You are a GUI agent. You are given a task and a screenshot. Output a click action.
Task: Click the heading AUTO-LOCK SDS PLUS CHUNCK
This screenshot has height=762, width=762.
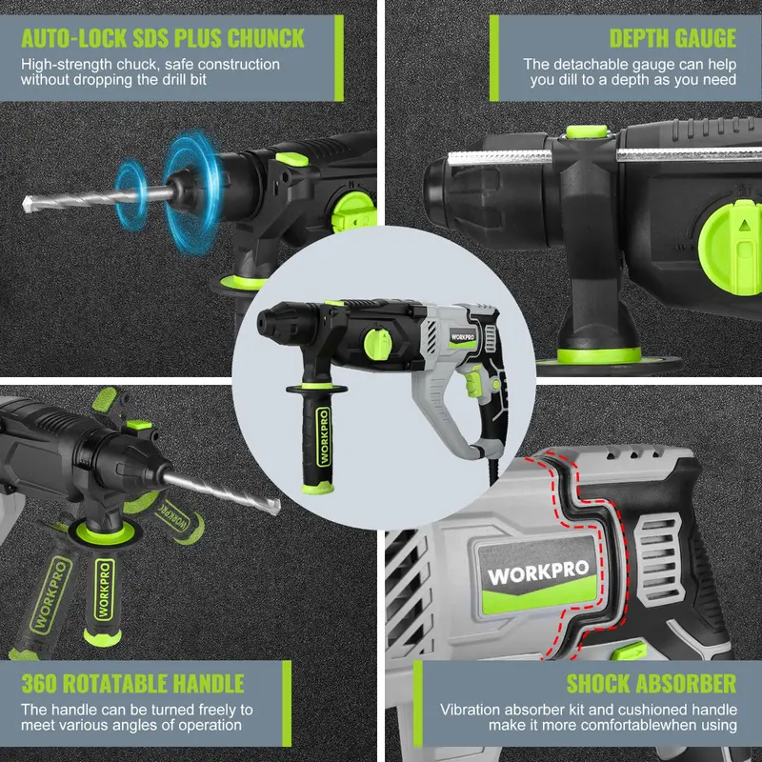(163, 38)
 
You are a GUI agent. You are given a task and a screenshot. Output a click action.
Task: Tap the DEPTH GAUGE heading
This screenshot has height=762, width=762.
(672, 38)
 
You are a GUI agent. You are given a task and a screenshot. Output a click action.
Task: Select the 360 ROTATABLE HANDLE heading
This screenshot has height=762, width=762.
(132, 683)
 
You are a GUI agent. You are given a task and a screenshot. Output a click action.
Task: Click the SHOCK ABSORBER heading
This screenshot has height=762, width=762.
(652, 683)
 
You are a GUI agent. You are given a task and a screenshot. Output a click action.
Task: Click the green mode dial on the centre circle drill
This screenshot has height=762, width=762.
(377, 345)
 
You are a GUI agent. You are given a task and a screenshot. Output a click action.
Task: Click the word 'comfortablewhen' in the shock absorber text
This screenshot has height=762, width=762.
(648, 725)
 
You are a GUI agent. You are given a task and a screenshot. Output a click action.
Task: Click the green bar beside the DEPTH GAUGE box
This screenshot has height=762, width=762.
(494, 58)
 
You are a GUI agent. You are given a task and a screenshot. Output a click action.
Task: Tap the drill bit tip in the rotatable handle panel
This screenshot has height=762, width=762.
(276, 507)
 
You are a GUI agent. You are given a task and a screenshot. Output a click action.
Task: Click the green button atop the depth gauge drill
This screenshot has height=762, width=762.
(587, 131)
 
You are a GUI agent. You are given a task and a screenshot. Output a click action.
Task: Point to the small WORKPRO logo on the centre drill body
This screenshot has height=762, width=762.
(462, 337)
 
